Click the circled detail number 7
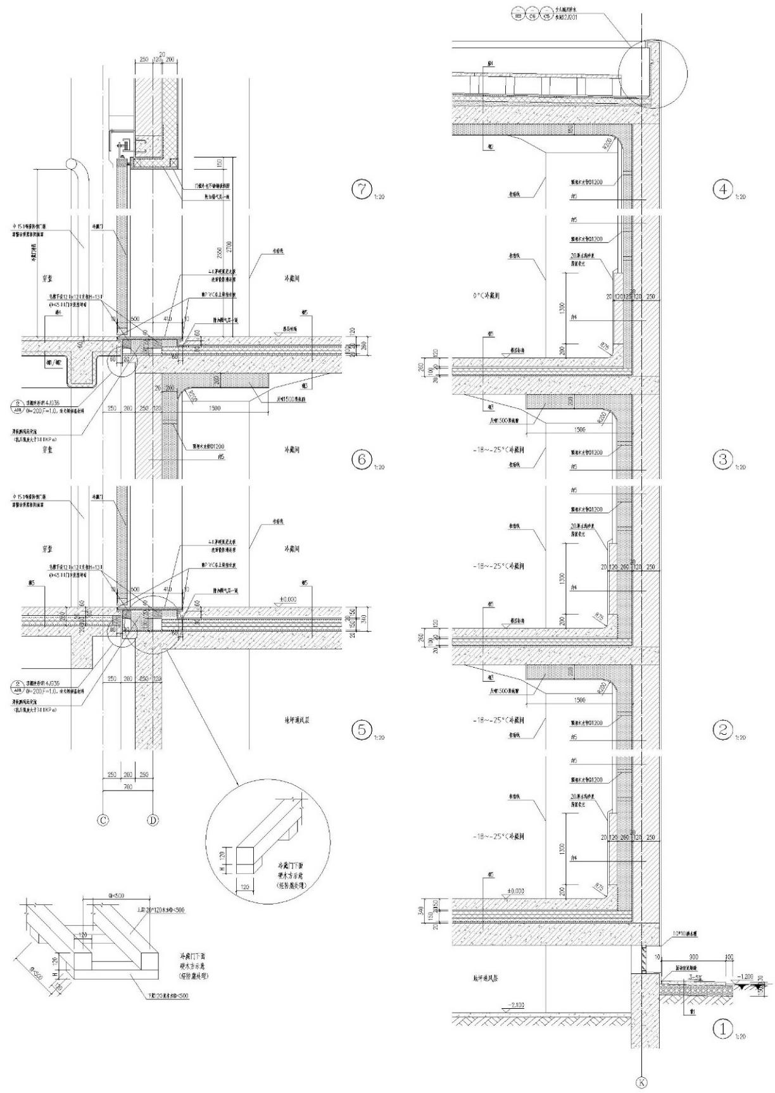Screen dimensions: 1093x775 362,189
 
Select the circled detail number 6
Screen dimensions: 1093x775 362,459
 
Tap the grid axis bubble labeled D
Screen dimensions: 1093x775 153,820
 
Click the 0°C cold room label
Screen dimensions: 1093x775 486,296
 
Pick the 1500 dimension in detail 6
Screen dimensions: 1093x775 214,409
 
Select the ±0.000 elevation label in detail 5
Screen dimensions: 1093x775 288,599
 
